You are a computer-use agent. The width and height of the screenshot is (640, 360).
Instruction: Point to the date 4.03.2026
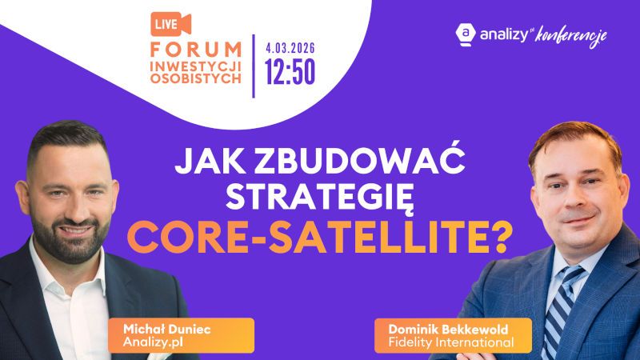pyautogui.click(x=290, y=47)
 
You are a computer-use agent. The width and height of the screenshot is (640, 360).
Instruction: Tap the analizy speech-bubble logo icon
pyautogui.click(x=465, y=34)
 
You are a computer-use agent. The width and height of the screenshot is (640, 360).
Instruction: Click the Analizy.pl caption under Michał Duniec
pyautogui.click(x=150, y=342)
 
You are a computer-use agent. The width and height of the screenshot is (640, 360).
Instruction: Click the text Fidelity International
pyautogui.click(x=446, y=342)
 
